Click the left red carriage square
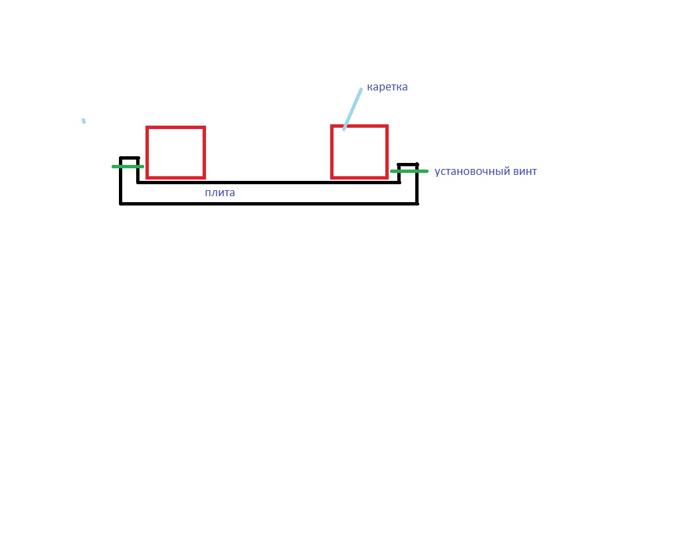[x=147, y=152]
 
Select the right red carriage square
[x=332, y=152]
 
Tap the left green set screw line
[x=128, y=166]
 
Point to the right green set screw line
[x=409, y=171]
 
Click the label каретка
[x=387, y=87]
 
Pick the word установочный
[x=472, y=171]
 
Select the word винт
[x=525, y=171]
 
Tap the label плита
[x=220, y=192]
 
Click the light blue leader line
[x=352, y=109]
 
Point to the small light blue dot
[x=84, y=121]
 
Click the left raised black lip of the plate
[x=130, y=158]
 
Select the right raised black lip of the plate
[x=407, y=164]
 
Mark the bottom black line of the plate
[x=269, y=203]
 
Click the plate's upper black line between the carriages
[x=268, y=182]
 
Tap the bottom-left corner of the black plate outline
[x=120, y=203]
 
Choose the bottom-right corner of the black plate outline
[x=417, y=203]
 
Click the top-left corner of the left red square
[x=147, y=127]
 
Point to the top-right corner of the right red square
[x=387, y=126]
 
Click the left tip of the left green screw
[x=113, y=166]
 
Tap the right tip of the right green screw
[x=427, y=171]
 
